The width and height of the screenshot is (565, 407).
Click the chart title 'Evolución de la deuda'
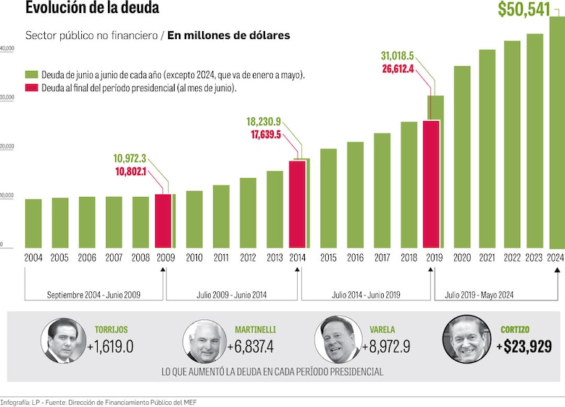point(92,9)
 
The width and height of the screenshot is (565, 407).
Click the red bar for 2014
point(297,204)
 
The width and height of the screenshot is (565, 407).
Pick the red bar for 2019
point(431,184)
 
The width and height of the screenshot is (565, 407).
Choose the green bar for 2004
point(33,224)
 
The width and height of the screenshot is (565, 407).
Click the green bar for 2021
point(487,149)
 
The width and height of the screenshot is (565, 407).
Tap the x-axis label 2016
point(355,258)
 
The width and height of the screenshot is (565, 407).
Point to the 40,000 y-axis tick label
point(7,49)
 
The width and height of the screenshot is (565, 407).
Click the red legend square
point(31,88)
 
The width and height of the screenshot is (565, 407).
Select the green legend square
point(31,75)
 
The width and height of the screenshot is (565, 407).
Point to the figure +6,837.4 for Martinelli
point(250,347)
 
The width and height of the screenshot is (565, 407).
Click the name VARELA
point(381,330)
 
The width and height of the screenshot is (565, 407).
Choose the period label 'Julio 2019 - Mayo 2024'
point(480,295)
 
